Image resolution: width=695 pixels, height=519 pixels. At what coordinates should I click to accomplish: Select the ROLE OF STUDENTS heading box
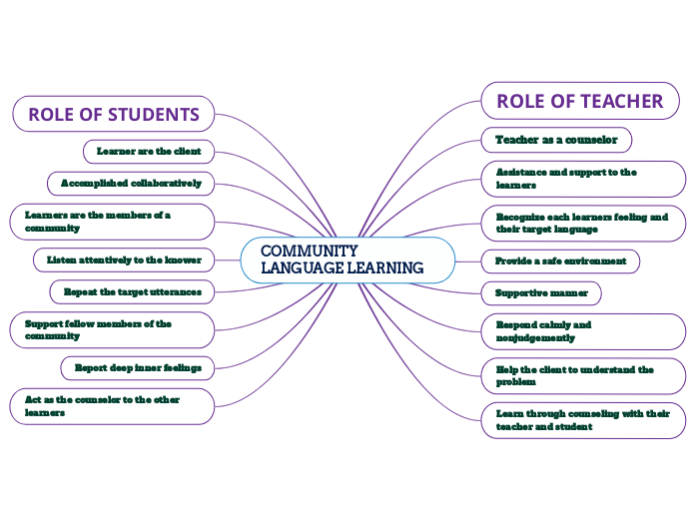[x=113, y=114]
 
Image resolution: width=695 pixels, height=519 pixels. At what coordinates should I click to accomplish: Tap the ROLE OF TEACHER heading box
[x=579, y=101]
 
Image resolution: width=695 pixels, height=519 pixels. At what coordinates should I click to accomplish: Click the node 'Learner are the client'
[x=149, y=152]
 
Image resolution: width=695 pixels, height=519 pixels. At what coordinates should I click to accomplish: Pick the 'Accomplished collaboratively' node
[x=131, y=184]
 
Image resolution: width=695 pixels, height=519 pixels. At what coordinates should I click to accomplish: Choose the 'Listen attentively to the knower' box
[x=124, y=259]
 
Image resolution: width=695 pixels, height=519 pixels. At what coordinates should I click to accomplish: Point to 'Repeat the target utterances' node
[x=132, y=291]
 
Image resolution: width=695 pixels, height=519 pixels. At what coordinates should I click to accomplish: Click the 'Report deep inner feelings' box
[x=138, y=367]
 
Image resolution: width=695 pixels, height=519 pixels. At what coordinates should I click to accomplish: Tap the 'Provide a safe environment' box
[x=560, y=260]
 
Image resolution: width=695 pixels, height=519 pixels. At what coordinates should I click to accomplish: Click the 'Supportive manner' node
[x=541, y=293]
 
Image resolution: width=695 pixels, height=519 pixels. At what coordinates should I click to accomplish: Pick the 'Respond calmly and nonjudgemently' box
[x=583, y=331]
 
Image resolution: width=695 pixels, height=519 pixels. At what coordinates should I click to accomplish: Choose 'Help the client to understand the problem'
[x=583, y=375]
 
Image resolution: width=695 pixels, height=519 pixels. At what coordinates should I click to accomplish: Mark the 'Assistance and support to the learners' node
[x=583, y=179]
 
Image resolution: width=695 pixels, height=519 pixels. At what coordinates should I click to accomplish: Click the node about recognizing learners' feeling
[x=583, y=223]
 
